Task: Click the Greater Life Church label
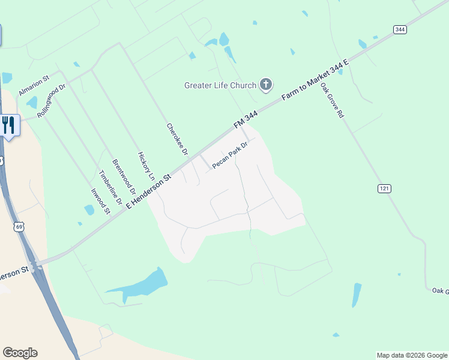point(220,85)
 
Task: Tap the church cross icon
point(266,85)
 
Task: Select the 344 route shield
point(400,29)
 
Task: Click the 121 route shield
point(385,188)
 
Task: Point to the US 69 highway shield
point(20,227)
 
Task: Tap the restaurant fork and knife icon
point(8,125)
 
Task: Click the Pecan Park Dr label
point(230,155)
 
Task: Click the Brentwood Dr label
point(124,176)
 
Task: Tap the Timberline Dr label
point(110,187)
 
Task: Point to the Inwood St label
point(100,201)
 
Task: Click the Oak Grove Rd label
point(331,100)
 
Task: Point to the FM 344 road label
point(246,118)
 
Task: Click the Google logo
point(20,353)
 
